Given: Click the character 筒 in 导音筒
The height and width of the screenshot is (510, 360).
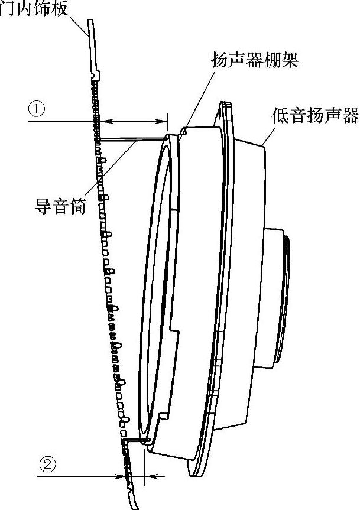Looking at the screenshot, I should pos(80,207).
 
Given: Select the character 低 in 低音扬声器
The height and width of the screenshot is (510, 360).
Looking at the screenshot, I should pos(279,115).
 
